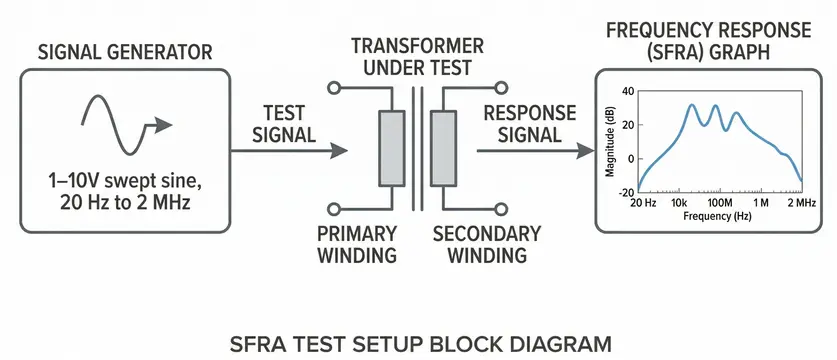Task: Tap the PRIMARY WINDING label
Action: coord(357,244)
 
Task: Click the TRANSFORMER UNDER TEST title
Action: coord(417,57)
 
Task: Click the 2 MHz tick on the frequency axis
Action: coord(799,203)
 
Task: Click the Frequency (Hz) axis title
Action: coord(718,215)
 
